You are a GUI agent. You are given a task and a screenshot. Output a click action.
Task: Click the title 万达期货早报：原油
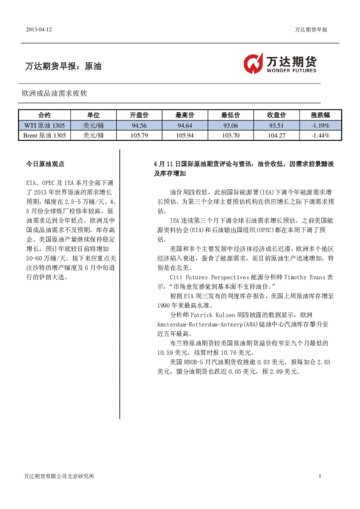(x=64, y=66)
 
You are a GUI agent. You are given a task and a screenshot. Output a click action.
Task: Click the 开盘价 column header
(x=139, y=115)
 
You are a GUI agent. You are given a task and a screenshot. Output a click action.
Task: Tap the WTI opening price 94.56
(x=139, y=125)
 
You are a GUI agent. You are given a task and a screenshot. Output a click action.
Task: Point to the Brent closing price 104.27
(x=276, y=135)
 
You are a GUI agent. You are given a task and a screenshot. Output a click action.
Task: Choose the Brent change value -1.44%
(x=320, y=135)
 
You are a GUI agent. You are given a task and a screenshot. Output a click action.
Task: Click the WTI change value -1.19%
(x=320, y=125)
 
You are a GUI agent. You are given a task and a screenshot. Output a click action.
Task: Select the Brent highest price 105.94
(x=185, y=135)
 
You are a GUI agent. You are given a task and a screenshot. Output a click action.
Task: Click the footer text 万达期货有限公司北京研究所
(x=59, y=476)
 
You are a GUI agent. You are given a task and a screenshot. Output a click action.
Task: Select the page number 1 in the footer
(x=319, y=476)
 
